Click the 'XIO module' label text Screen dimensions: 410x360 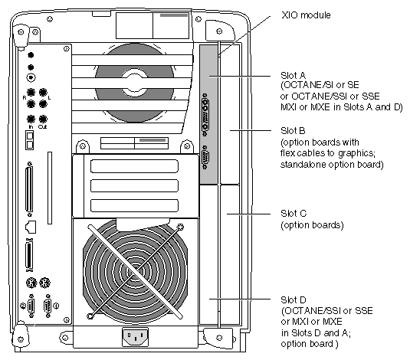tap(306, 15)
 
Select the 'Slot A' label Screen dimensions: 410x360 tap(293, 76)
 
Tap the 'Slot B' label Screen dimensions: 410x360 tap(293, 130)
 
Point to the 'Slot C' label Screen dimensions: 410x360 tap(294, 214)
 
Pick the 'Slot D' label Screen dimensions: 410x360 tap(293, 299)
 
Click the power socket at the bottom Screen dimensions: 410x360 tap(135, 337)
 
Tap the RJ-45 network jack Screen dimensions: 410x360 tap(31, 227)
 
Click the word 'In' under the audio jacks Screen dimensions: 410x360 tap(31, 127)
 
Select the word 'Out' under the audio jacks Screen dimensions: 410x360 tap(42, 127)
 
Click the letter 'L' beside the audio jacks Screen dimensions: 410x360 tap(49, 98)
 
